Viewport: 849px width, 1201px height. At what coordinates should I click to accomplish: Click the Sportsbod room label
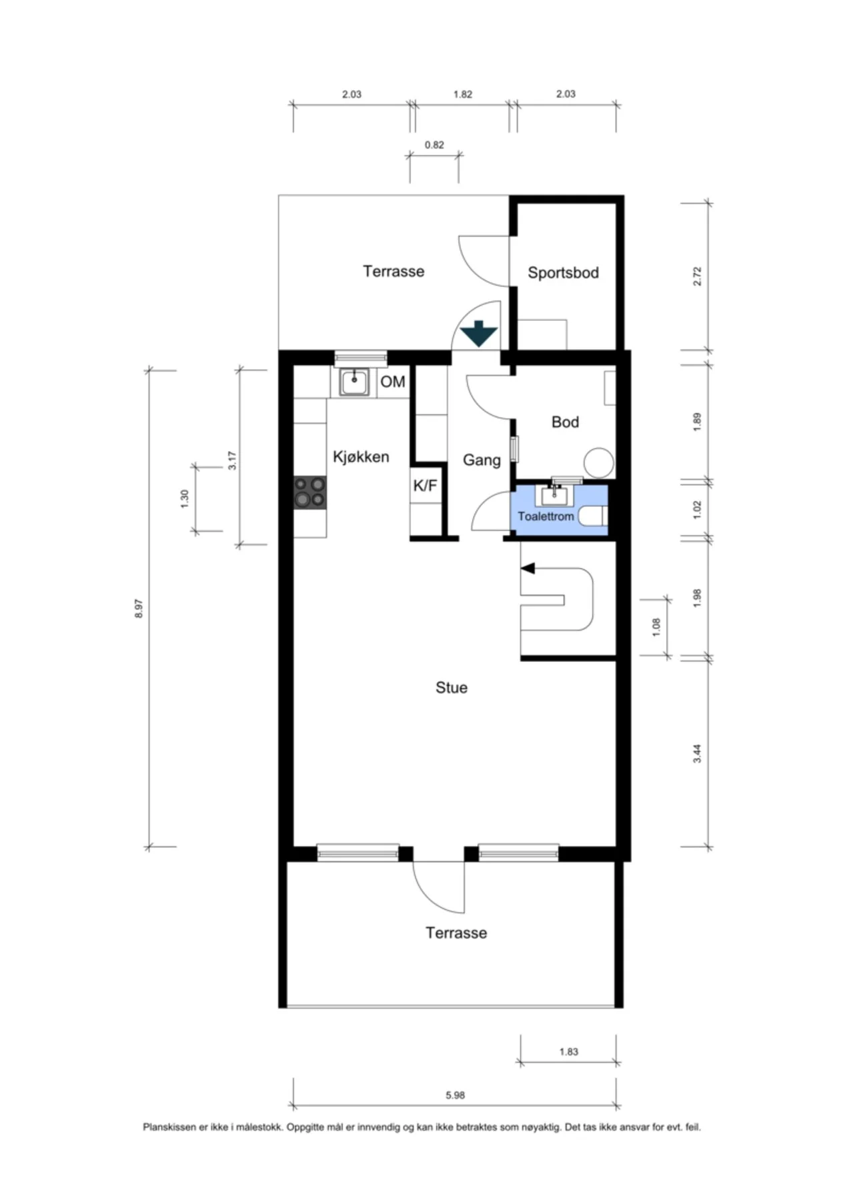point(563,272)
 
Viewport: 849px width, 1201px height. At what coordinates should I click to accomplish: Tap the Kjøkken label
point(361,457)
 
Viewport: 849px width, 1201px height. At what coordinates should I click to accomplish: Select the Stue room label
point(452,688)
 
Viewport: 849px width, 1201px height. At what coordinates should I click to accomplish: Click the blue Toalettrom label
point(546,516)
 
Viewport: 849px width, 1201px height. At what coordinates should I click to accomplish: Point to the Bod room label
point(565,422)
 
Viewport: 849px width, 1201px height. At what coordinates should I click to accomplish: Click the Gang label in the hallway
point(482,460)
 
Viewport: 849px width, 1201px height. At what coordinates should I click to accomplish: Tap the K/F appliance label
point(425,485)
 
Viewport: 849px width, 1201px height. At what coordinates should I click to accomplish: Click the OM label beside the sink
point(393,382)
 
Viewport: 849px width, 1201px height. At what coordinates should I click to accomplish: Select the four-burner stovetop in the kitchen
point(310,492)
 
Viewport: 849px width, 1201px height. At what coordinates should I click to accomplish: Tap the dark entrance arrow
point(479,333)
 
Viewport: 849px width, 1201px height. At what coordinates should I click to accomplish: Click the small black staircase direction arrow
point(528,568)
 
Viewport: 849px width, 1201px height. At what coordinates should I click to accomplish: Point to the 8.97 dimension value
point(139,609)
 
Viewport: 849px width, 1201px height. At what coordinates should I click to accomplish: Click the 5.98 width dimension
point(455,1095)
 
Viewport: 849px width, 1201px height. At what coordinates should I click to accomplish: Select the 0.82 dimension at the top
point(434,145)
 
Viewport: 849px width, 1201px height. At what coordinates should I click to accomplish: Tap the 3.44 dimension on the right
point(697,753)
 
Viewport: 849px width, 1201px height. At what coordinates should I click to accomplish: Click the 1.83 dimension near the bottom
point(569,1052)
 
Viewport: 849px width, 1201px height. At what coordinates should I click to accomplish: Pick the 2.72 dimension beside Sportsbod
point(697,276)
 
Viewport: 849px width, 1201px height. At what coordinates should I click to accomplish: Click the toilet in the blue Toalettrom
point(592,516)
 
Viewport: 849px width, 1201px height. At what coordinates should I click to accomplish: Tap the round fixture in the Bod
point(599,462)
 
